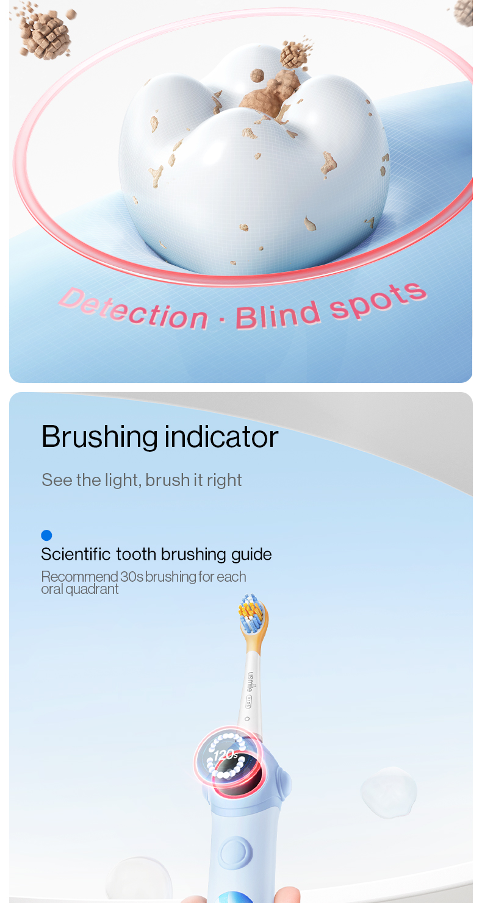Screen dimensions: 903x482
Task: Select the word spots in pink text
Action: pyautogui.click(x=378, y=297)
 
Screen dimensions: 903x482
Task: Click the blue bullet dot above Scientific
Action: pyautogui.click(x=46, y=535)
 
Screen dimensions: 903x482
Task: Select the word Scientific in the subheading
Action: pyautogui.click(x=76, y=554)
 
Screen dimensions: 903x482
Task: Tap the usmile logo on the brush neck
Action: pyautogui.click(x=251, y=682)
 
